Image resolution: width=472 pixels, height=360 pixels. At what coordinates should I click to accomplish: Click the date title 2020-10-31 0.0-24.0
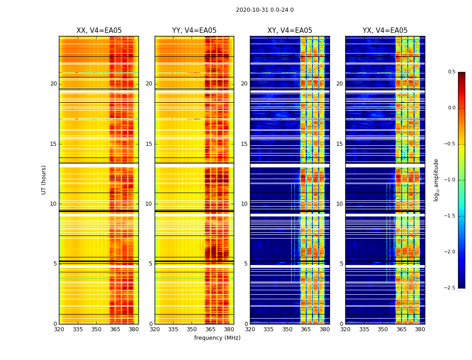[264, 10]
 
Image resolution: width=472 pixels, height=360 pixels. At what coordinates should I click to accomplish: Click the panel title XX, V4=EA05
[99, 31]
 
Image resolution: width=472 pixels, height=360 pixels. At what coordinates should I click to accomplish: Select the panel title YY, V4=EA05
[194, 31]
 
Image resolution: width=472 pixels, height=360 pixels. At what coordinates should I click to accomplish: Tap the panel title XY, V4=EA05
[289, 31]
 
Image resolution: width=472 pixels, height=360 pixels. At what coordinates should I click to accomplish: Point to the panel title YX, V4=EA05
[385, 31]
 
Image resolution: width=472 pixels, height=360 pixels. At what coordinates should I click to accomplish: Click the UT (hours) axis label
[44, 180]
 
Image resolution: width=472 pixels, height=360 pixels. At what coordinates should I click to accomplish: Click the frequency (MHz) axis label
[217, 338]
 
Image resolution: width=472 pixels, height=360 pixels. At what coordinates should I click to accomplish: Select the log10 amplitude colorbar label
[436, 180]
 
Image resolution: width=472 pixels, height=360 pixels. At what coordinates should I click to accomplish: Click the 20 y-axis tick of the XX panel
[53, 84]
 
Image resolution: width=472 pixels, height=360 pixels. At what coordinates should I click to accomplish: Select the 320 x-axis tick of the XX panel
[59, 329]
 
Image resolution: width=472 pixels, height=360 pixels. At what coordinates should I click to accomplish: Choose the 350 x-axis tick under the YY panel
[191, 329]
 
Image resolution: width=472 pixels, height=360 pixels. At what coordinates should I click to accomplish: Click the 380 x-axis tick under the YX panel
[420, 329]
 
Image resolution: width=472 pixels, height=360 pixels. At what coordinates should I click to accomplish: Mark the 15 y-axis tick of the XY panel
[244, 144]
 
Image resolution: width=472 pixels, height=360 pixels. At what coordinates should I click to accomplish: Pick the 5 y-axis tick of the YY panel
[151, 264]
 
